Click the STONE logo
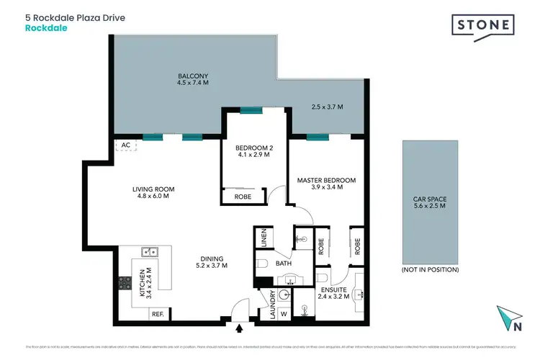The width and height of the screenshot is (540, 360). click(483, 26)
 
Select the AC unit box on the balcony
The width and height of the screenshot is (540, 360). click(125, 145)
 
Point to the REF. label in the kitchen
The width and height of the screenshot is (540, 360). click(158, 314)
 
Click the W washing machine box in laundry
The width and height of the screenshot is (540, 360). click(284, 313)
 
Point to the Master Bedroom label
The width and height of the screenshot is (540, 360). click(327, 179)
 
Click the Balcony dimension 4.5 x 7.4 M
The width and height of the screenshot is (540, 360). click(192, 82)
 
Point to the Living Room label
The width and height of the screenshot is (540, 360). click(153, 189)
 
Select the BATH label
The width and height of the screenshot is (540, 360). click(283, 264)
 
